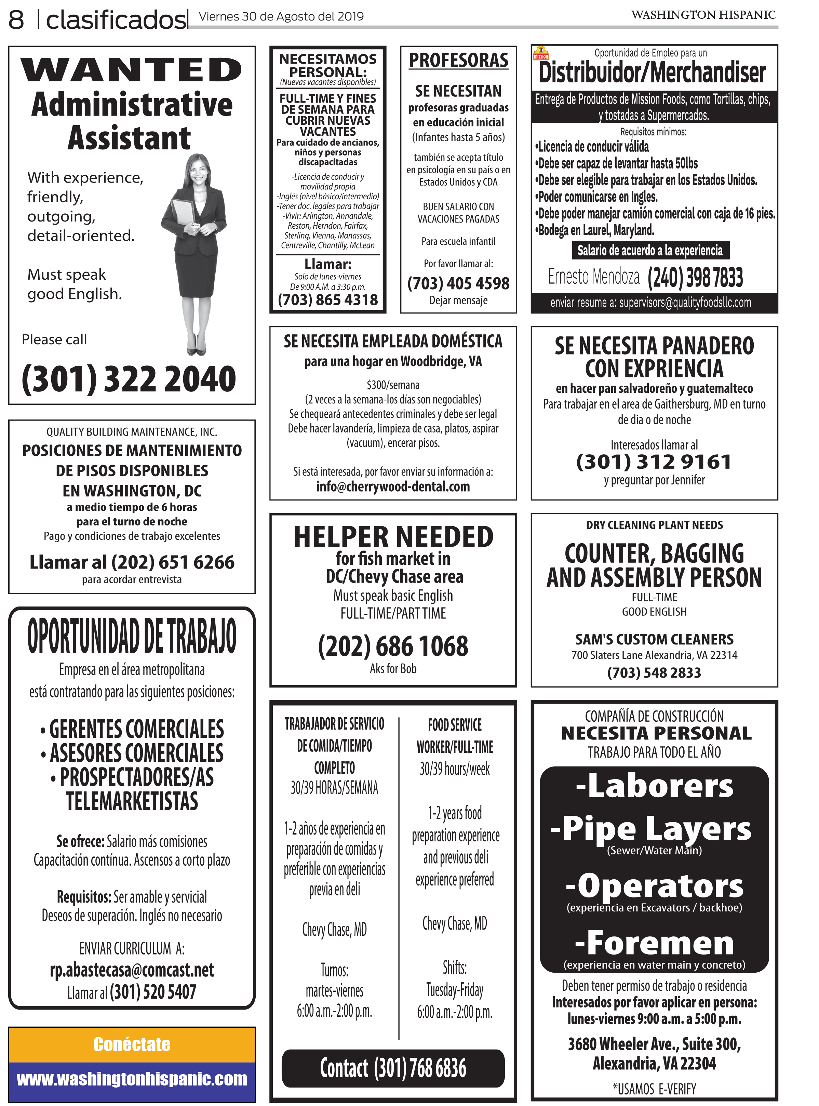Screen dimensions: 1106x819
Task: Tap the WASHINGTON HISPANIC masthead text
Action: [x=703, y=15]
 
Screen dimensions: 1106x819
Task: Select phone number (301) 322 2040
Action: [x=129, y=379]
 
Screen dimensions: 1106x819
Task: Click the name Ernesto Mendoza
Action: [x=593, y=277]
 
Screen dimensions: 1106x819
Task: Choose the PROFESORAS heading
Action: [x=459, y=61]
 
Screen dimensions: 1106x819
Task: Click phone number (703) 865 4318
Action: [x=328, y=300]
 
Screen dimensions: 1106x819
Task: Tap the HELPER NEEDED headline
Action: [x=393, y=537]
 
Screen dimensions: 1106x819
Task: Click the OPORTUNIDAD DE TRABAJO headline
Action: [x=132, y=636]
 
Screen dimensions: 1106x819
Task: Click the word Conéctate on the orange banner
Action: [x=132, y=1044]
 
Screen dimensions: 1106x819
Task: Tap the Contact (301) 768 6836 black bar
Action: [x=393, y=1068]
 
